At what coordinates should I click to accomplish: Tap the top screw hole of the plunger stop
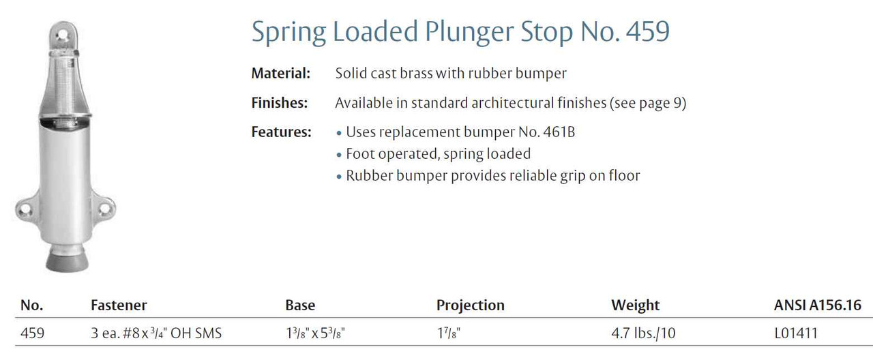(61, 36)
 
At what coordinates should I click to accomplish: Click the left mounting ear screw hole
(24, 209)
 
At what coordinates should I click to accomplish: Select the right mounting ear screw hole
(105, 209)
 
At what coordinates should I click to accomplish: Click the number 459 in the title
(648, 31)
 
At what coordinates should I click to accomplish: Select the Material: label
(280, 73)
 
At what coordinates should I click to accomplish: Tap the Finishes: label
(280, 103)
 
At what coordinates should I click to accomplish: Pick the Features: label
(282, 132)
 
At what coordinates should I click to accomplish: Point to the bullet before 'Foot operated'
(339, 155)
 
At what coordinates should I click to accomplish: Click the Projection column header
(471, 305)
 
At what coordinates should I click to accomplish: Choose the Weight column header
(635, 305)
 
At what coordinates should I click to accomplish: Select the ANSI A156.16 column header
(817, 305)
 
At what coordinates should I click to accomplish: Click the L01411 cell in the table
(796, 333)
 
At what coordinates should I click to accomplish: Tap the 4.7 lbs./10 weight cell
(643, 333)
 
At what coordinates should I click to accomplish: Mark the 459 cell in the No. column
(32, 333)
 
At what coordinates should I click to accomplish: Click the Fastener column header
(119, 305)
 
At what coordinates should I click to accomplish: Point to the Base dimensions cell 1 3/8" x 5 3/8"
(315, 333)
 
